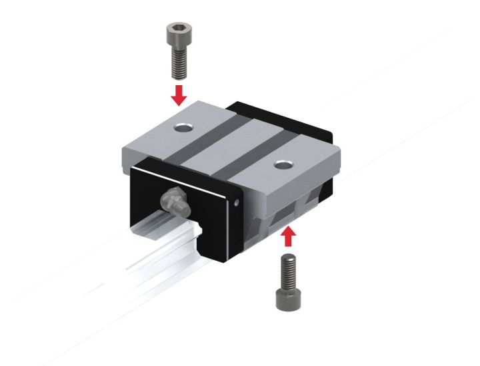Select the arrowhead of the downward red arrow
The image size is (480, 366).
[x=178, y=100]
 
